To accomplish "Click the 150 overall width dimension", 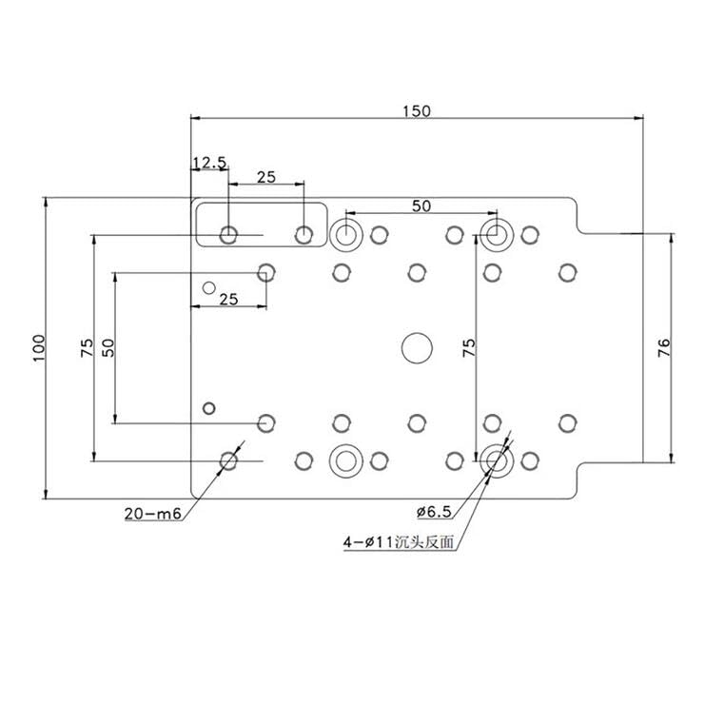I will (416, 110).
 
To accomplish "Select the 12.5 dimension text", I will (209, 163).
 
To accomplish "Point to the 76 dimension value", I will (664, 347).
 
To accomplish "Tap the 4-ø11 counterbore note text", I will (399, 543).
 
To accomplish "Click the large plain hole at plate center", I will (416, 347).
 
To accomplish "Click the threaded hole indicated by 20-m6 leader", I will (228, 460).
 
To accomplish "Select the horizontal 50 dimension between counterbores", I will (421, 205).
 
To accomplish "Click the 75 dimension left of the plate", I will (86, 347).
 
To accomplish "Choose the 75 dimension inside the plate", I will (467, 347).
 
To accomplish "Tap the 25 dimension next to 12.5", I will (266, 177).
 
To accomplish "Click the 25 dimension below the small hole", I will (228, 299).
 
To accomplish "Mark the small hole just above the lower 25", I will (210, 286).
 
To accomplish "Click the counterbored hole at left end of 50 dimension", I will (346, 233).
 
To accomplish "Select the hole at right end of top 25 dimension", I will (303, 234).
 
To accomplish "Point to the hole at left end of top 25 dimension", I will (228, 234).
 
